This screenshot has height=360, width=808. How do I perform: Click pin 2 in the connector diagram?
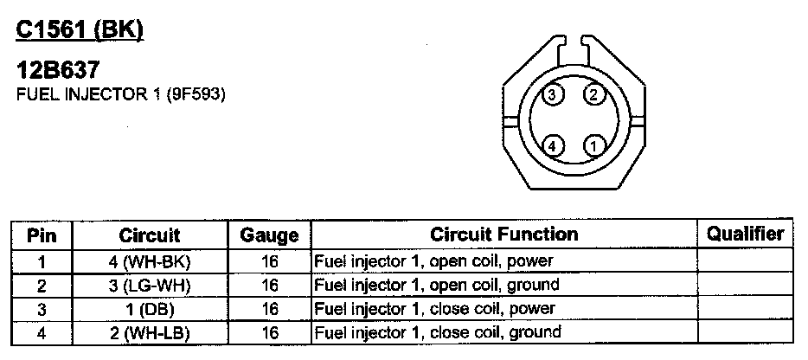coord(593,94)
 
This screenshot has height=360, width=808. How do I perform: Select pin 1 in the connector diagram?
coord(593,145)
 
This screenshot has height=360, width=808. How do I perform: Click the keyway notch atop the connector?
coord(574,44)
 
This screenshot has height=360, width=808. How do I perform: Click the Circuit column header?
coord(150,234)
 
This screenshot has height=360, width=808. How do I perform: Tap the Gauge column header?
coord(269,235)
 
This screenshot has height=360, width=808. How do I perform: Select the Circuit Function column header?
coord(503,234)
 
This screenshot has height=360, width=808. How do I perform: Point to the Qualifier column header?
coord(745,234)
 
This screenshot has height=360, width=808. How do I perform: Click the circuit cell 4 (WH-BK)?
coord(150,260)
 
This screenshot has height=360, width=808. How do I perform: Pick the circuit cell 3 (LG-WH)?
coord(150,285)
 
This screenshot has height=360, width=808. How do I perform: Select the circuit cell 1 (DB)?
coord(150,309)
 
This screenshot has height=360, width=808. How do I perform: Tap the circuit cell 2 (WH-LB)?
coord(150,333)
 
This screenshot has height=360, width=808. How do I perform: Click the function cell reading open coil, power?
coord(433,260)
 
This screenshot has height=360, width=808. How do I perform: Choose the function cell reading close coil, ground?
coord(436,333)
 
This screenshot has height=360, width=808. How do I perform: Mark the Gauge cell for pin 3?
coord(269,309)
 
